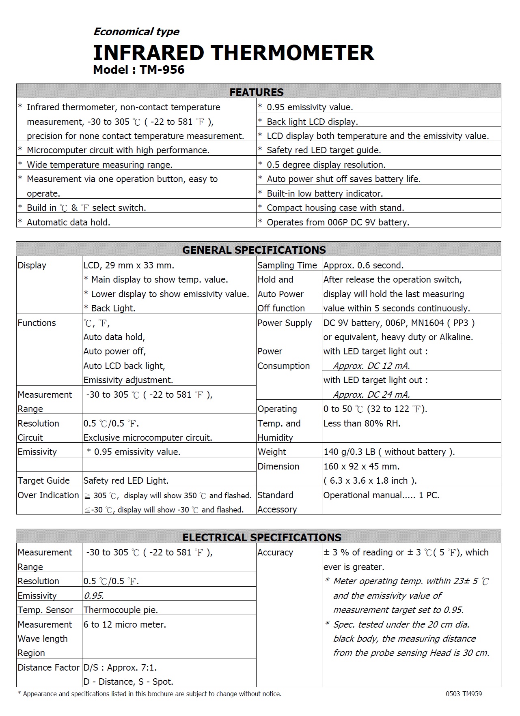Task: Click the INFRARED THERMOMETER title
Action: point(233,53)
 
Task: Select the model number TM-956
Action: point(162,70)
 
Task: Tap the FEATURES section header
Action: point(257,92)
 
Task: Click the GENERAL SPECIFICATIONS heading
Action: point(254,250)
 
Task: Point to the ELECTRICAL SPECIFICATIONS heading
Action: point(262,537)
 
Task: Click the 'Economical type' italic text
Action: point(136,32)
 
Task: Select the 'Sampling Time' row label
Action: point(287,265)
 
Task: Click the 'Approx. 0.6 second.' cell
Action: point(363,265)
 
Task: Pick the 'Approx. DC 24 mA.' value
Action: point(371,394)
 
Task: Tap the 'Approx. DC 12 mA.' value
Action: point(371,366)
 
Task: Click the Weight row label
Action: point(272,452)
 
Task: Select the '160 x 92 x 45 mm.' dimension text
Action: point(362,466)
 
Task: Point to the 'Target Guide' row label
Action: point(43,480)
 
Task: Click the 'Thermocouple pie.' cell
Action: point(121,610)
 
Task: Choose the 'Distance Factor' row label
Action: point(48,667)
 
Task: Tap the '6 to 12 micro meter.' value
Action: point(125,624)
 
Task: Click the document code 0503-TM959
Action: point(464,694)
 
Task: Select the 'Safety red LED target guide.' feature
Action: point(324,150)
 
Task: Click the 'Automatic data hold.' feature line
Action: point(68,222)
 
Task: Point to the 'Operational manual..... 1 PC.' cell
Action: point(381,495)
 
